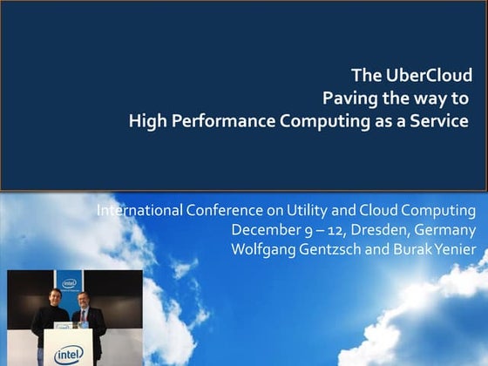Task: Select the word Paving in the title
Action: pos(348,98)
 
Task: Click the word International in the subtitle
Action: pos(139,211)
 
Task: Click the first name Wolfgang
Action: pos(262,250)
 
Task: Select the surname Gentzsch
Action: pos(330,250)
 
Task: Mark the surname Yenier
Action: pos(453,250)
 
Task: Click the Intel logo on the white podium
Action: pos(69,355)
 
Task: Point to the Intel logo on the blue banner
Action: pos(69,283)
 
